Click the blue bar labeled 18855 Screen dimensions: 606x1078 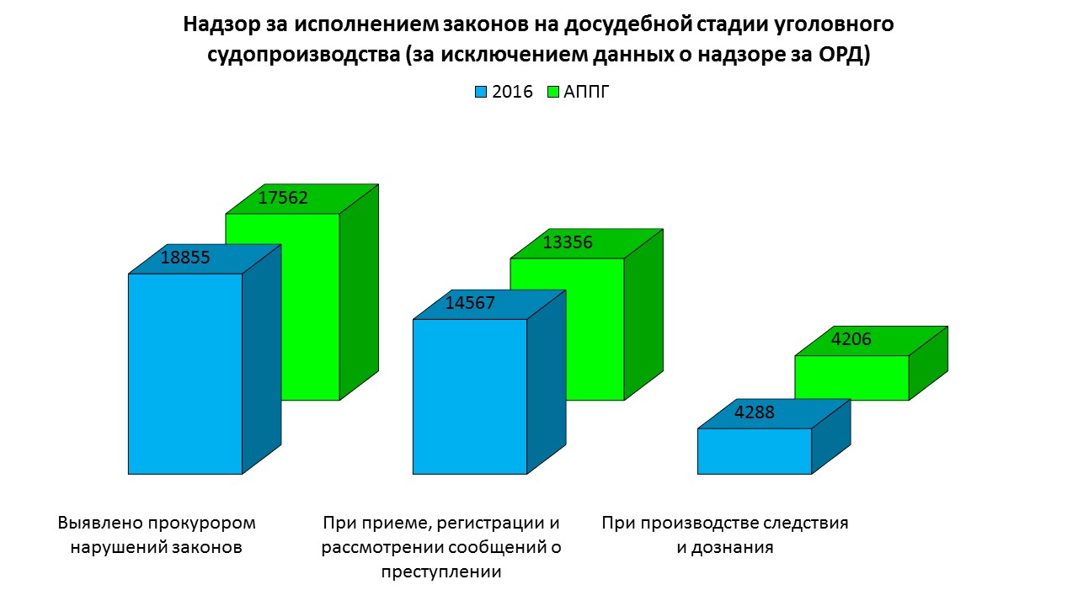point(185,374)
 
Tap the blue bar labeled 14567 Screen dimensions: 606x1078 point(470,396)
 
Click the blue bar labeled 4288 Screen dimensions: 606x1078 point(755,451)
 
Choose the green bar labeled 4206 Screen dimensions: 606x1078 point(851,378)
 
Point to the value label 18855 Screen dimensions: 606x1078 point(184,258)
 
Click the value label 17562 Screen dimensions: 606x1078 point(283,199)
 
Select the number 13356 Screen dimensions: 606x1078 point(568,243)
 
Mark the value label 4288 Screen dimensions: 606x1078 point(755,413)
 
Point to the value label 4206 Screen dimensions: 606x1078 point(851,340)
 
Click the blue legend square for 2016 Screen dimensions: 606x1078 point(482,92)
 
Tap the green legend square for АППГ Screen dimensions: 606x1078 point(553,92)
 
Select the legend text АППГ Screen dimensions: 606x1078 point(586,92)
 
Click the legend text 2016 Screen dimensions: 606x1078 point(512,92)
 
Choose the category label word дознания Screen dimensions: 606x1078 point(725,547)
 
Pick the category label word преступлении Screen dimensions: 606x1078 point(441,572)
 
